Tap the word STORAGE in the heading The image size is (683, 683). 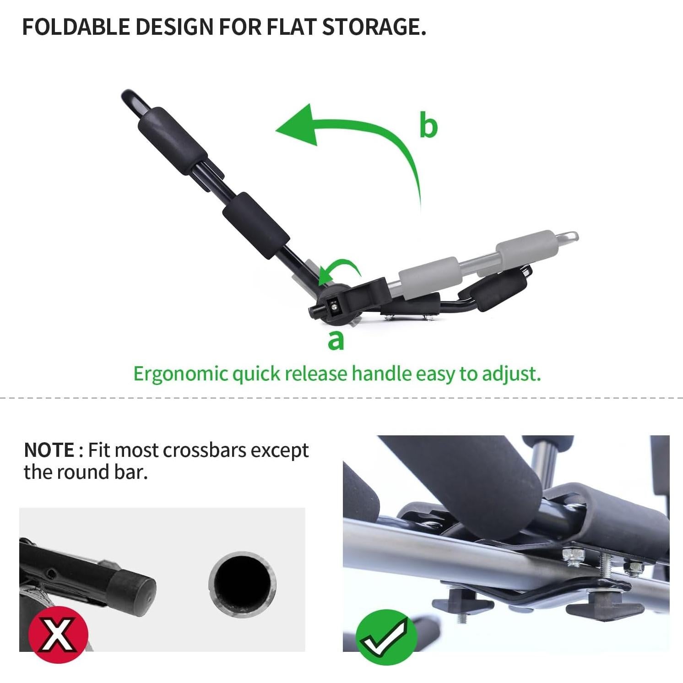pyautogui.click(x=373, y=27)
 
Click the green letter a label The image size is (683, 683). pyautogui.click(x=336, y=340)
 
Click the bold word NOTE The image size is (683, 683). pyautogui.click(x=49, y=450)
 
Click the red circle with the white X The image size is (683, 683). pyautogui.click(x=58, y=634)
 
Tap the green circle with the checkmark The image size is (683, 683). pyautogui.click(x=387, y=637)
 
